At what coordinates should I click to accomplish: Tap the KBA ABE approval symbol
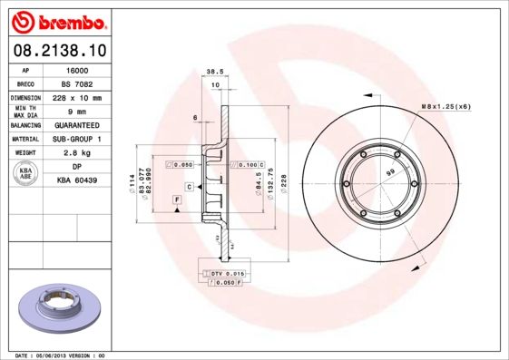click(26, 174)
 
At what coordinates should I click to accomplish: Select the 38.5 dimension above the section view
click(215, 70)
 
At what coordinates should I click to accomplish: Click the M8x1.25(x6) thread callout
click(445, 107)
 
